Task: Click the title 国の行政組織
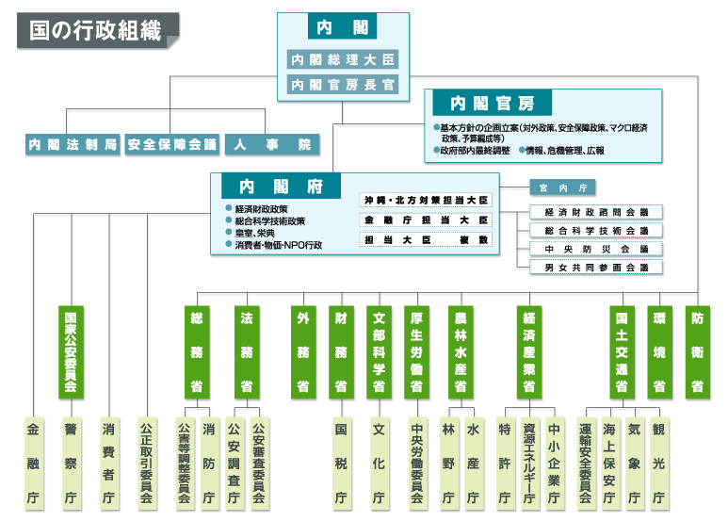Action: pos(95,29)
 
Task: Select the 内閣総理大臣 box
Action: pos(343,59)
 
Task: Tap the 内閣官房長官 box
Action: pos(343,85)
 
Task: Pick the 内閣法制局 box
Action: pos(73,145)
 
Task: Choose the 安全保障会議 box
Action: pos(172,145)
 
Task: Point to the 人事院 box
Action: pos(272,145)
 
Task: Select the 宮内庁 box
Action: pos(562,187)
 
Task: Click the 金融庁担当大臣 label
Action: pos(427,220)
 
